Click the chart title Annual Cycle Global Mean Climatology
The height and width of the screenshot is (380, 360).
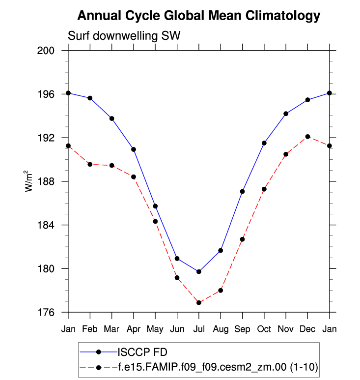(199, 16)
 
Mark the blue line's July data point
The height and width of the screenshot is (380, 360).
(199, 272)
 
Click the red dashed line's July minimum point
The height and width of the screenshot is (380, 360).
(199, 303)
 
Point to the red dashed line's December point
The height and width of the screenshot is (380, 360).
(307, 137)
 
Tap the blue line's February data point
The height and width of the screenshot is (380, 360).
(90, 98)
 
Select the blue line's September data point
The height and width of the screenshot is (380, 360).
(242, 191)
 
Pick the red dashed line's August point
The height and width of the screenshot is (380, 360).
(221, 291)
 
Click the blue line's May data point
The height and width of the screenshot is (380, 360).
(155, 206)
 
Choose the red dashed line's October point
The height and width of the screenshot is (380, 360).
(264, 189)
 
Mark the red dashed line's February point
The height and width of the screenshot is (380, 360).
(90, 164)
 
